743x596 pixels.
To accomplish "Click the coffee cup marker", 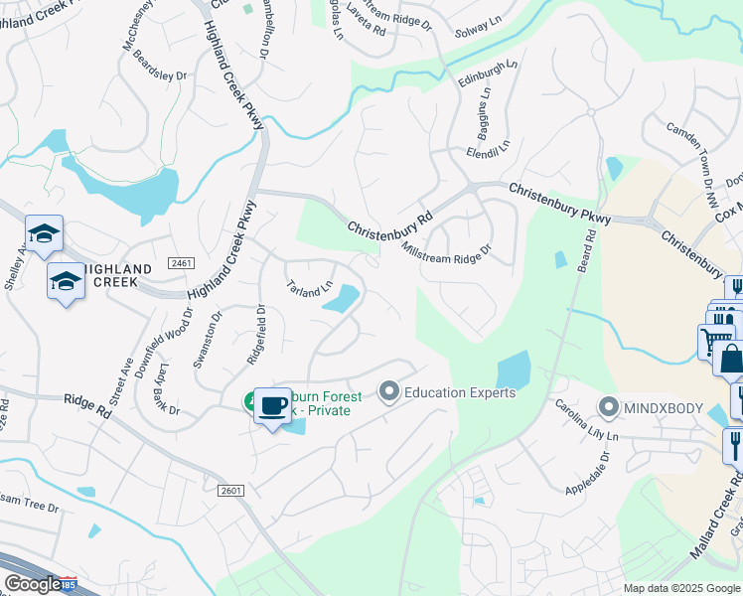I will pos(272,405).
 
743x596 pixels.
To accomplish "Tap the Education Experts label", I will pos(460,392).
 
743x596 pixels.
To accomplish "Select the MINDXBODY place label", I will pos(663,407).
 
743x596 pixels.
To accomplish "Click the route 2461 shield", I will pos(181,263).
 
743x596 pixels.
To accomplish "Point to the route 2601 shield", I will pos(230,491).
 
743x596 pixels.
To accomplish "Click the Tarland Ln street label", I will pos(310,288).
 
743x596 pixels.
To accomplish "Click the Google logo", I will pos(33,584).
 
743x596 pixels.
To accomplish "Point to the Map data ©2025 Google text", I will pos(681,588).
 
